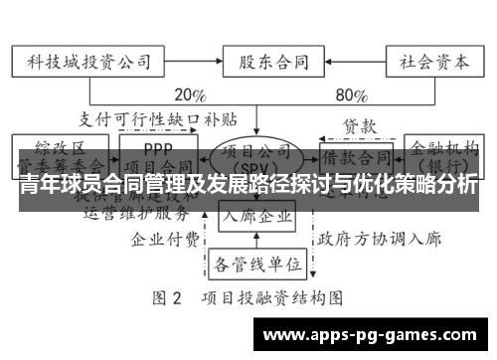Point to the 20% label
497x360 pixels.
(189, 96)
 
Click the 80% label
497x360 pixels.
(351, 96)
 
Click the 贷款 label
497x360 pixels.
(359, 127)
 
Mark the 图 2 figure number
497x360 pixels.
(167, 297)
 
